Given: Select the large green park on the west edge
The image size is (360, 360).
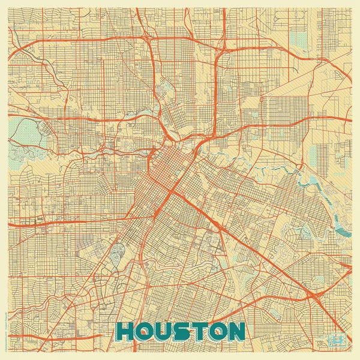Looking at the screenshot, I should pyautogui.click(x=25, y=128).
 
